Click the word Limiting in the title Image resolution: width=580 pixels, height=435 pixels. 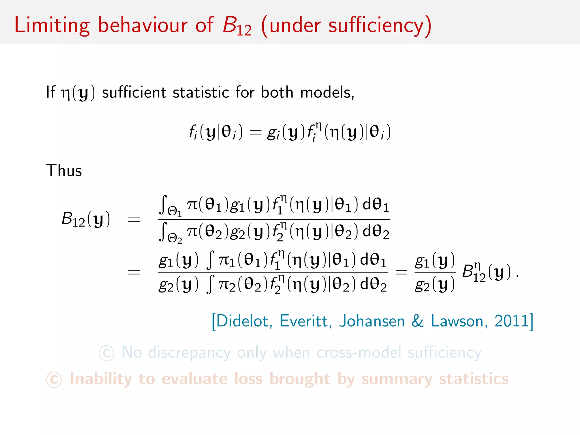coord(52,25)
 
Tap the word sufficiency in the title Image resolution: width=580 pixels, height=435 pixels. coord(376,25)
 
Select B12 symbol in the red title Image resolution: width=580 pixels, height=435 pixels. coord(237,26)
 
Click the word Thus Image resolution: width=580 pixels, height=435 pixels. coord(64,170)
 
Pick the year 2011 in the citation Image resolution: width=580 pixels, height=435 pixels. coord(511,321)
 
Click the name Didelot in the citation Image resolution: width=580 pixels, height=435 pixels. coord(242,321)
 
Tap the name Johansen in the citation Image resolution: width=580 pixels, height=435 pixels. coord(372,321)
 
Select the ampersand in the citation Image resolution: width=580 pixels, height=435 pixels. coord(417,321)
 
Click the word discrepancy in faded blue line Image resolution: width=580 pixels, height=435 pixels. coord(189,353)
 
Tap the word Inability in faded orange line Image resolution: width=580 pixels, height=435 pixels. coord(101,379)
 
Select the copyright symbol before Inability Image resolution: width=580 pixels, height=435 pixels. coord(54,380)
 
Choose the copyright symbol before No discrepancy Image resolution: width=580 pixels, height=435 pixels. coord(106,353)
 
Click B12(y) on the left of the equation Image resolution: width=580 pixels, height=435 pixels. coord(86,219)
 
